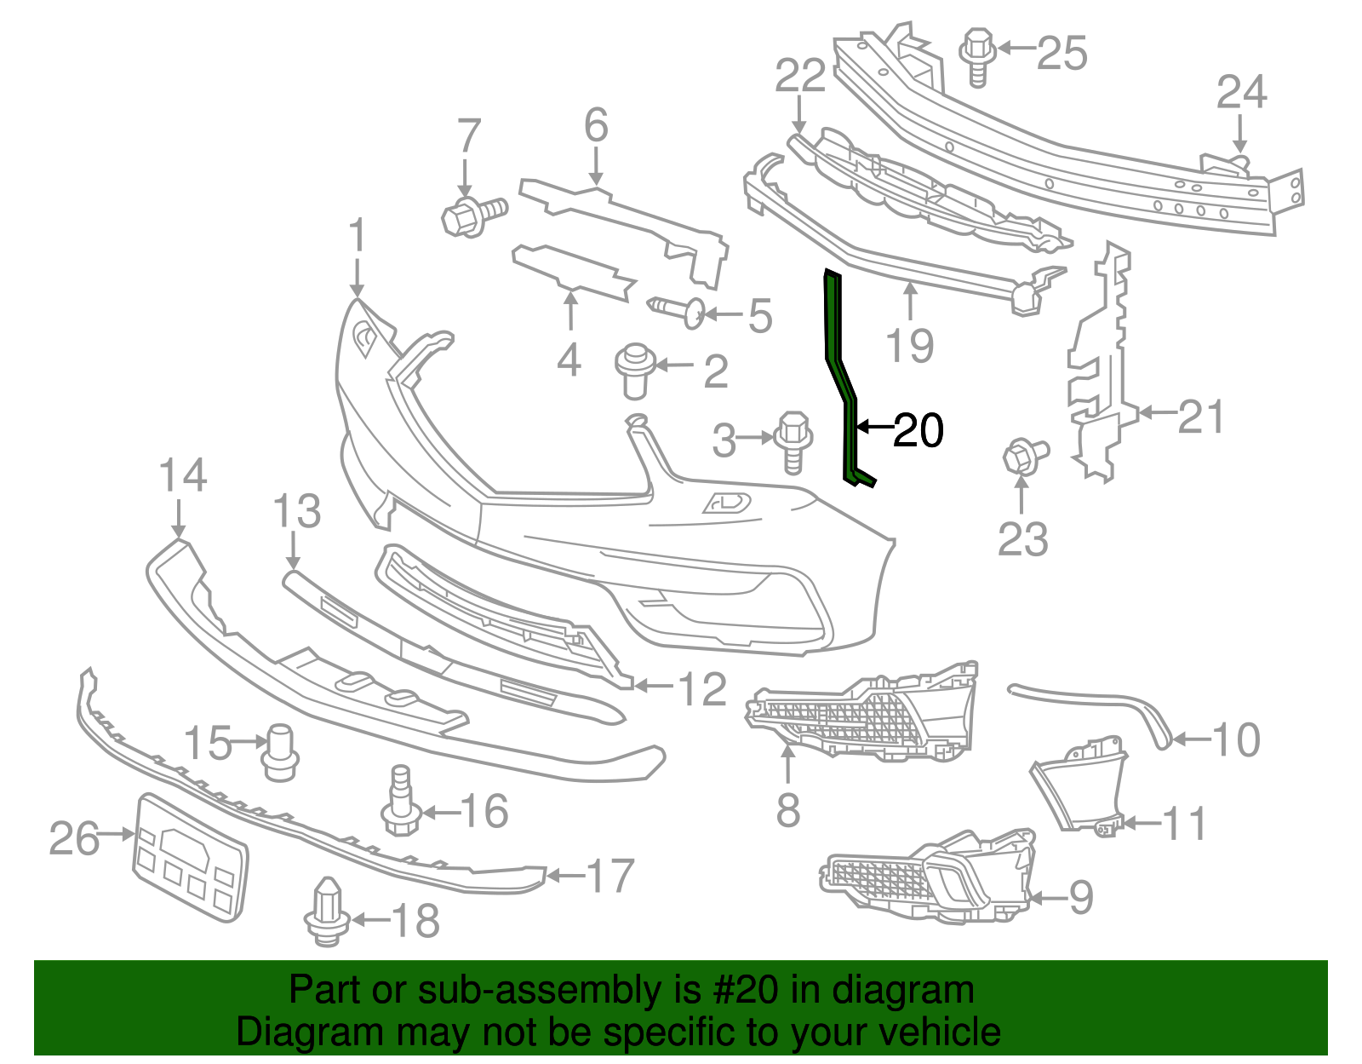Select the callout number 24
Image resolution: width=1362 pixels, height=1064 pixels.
click(1241, 92)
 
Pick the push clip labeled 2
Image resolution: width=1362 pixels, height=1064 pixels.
click(633, 369)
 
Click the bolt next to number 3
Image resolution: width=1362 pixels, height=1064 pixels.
click(793, 438)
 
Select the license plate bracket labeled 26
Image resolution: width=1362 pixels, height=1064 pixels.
click(190, 856)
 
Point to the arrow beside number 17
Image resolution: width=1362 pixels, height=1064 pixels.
click(565, 876)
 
